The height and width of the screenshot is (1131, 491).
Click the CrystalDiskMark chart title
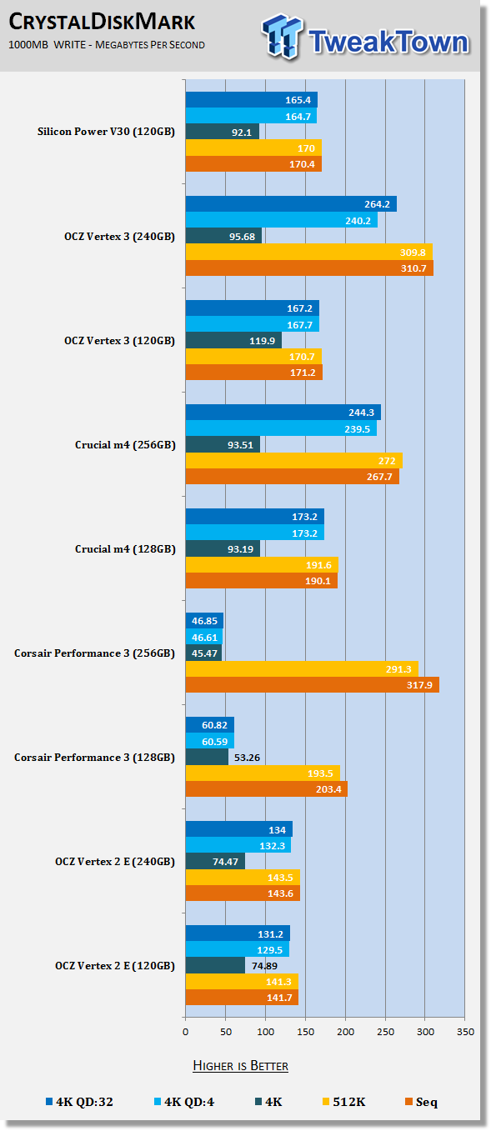(x=102, y=22)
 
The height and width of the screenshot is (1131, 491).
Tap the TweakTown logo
(x=365, y=38)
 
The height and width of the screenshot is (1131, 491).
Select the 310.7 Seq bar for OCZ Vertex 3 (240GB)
(x=309, y=268)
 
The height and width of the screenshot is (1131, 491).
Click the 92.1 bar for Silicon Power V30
(x=223, y=132)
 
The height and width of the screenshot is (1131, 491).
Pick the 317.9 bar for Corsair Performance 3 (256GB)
(x=312, y=684)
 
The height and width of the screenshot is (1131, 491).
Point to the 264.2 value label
(x=377, y=204)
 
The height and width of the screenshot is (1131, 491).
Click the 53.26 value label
(x=247, y=758)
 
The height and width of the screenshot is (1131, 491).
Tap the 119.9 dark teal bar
(x=233, y=340)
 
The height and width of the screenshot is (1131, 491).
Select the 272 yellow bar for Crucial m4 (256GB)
(x=294, y=460)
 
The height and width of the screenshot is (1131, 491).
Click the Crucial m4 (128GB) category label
(x=125, y=549)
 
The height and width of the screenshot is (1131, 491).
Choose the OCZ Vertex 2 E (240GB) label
(x=115, y=862)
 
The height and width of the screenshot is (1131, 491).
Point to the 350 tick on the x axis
(x=465, y=1032)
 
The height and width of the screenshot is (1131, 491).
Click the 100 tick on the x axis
(x=266, y=1032)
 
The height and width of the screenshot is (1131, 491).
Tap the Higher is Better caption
(x=240, y=1066)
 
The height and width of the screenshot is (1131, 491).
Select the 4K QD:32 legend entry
(x=79, y=1102)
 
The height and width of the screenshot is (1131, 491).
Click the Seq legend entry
(x=421, y=1102)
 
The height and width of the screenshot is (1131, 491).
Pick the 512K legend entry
(x=344, y=1102)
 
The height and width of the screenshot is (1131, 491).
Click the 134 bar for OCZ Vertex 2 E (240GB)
(x=239, y=829)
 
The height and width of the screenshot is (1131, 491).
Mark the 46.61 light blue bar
(x=204, y=638)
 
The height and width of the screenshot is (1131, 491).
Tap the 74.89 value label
(x=264, y=966)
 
